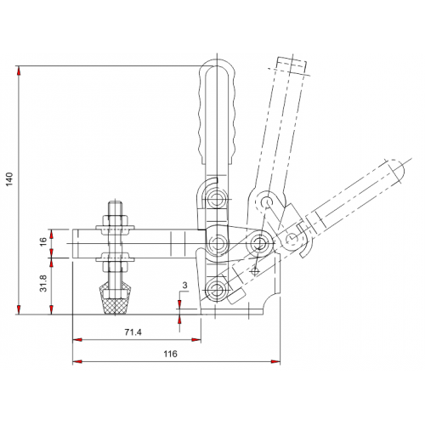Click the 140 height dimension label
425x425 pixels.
(10, 179)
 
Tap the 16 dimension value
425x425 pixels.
(43, 241)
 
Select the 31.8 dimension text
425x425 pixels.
(43, 283)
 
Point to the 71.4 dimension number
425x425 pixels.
(133, 332)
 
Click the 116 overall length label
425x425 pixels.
(170, 354)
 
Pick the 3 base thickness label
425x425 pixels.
(184, 286)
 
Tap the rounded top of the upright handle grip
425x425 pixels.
(217, 65)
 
